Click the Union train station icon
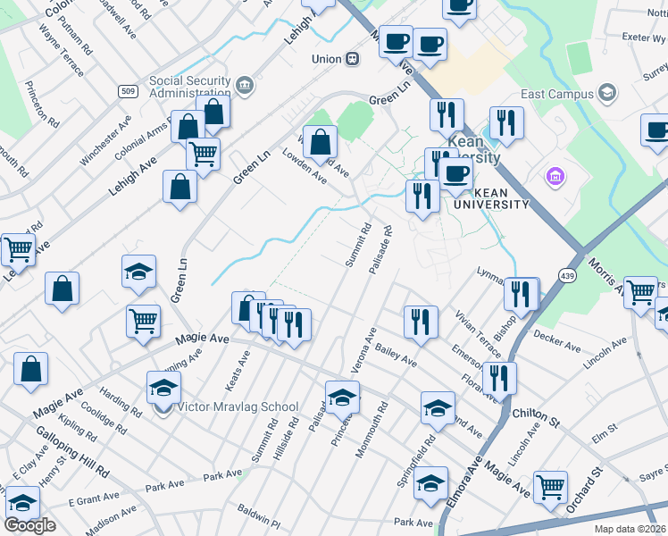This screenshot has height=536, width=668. click(x=354, y=59)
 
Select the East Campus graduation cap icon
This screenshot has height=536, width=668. click(x=607, y=93)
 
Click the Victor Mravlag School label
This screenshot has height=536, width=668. click(x=238, y=407)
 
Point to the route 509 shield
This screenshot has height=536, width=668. click(x=127, y=91)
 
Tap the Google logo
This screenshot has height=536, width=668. click(x=29, y=524)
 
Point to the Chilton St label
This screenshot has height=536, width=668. click(x=536, y=414)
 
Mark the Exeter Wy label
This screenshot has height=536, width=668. click(x=645, y=38)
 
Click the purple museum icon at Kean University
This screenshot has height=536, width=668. click(x=556, y=176)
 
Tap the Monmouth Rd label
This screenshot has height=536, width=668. click(x=372, y=431)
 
